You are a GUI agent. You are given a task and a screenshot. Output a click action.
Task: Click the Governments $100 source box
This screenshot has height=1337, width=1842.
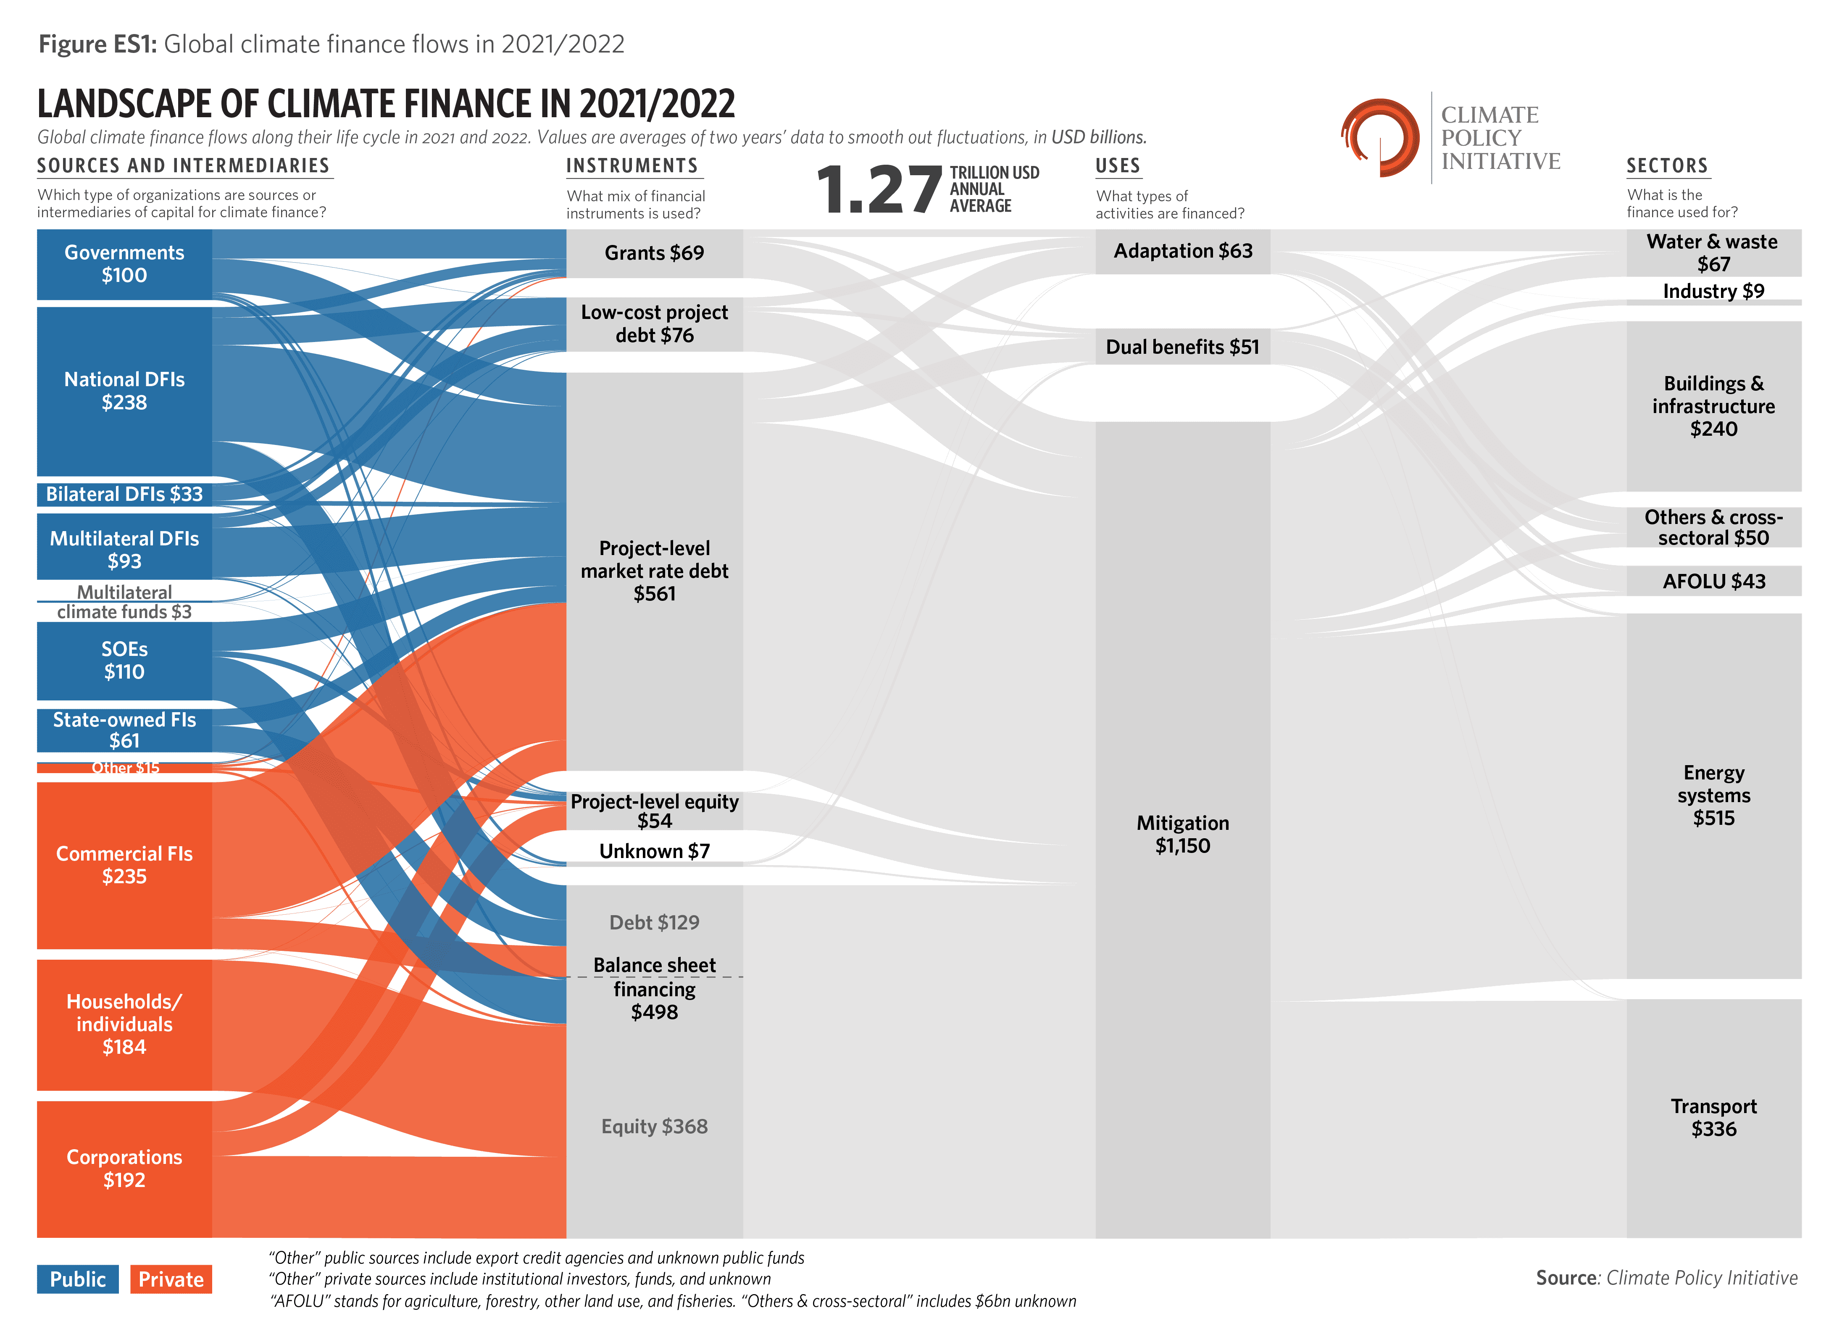point(124,264)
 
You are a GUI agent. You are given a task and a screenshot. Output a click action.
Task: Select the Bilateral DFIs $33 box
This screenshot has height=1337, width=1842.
point(124,494)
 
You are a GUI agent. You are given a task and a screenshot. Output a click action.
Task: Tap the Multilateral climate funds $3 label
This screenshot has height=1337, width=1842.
point(124,602)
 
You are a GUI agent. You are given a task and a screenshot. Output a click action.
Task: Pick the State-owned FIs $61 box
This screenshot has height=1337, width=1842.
point(124,730)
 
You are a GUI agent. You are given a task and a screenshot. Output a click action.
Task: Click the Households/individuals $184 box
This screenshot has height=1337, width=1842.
point(124,1024)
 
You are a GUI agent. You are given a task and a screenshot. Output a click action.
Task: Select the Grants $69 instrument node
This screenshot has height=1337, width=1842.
point(654,253)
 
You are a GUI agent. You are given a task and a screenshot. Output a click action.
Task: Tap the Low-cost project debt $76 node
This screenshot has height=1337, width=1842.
point(654,323)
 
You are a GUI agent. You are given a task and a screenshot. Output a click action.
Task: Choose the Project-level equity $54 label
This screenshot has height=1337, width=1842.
point(654,811)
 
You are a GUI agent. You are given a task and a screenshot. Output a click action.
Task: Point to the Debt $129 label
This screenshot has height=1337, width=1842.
point(654,922)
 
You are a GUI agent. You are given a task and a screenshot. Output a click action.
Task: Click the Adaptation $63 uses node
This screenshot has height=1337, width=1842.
point(1182,251)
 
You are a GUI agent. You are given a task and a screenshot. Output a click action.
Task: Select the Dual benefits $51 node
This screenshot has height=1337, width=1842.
point(1182,347)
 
